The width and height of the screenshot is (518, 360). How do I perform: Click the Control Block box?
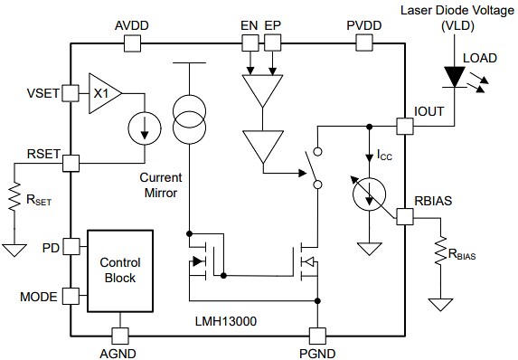tap(120, 270)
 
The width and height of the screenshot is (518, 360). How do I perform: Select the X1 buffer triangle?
tap(103, 92)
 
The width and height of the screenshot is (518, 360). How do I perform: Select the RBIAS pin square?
tap(405, 216)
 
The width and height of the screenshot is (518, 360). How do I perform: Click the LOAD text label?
tap(478, 58)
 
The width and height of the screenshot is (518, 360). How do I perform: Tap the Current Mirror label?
tap(163, 185)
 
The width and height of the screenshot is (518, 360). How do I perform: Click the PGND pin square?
tap(316, 334)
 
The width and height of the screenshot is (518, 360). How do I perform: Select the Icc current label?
tap(384, 156)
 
